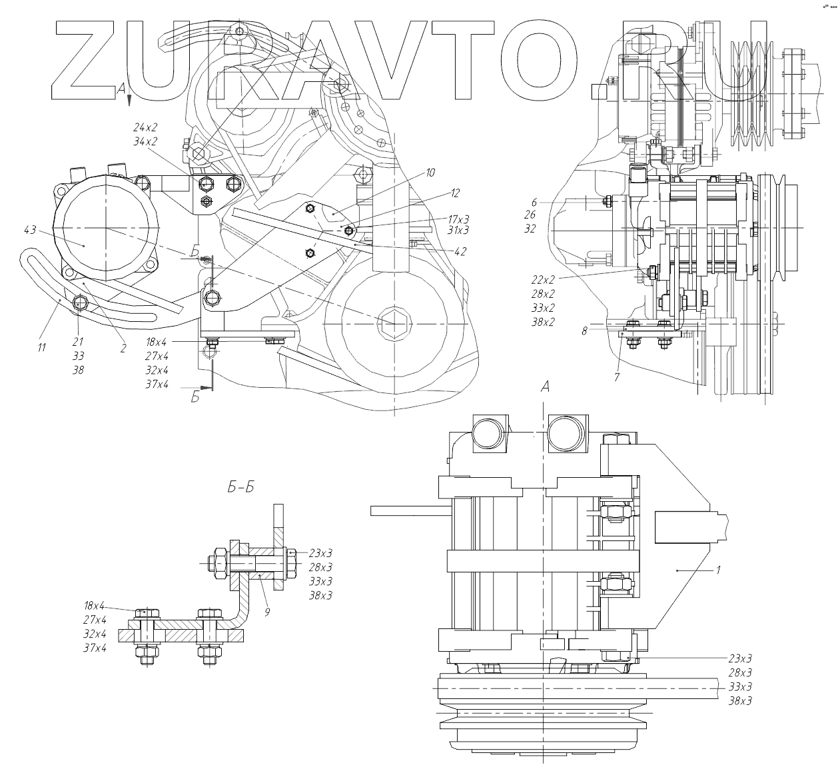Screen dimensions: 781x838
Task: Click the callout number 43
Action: click(x=29, y=230)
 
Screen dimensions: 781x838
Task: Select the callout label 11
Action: click(x=41, y=347)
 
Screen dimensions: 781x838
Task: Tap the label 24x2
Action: click(x=145, y=127)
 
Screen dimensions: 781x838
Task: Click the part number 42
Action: click(x=460, y=251)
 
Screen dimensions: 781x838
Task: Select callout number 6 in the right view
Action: click(x=534, y=201)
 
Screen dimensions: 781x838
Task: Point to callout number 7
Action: click(x=617, y=377)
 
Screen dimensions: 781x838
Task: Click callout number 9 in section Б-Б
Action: click(x=266, y=612)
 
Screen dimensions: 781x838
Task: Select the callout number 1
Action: click(x=718, y=570)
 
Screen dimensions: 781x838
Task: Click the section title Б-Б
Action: click(x=240, y=488)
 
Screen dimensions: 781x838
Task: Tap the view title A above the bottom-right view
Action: click(x=545, y=386)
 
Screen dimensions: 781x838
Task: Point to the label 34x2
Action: click(x=145, y=141)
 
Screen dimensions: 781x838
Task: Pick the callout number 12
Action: click(x=456, y=193)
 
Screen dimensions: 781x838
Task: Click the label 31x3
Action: click(x=458, y=231)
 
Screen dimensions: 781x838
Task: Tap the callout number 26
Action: click(x=530, y=215)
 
